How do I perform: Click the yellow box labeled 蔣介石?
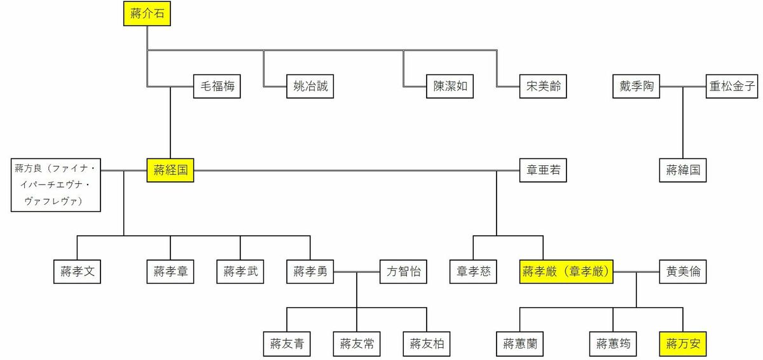147,13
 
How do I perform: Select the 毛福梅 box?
217,87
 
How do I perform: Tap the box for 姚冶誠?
310,87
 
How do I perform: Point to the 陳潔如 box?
450,87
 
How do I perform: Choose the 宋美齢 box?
543,87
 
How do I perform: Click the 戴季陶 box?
636,87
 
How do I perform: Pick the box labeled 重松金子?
732,87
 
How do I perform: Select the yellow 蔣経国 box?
170,170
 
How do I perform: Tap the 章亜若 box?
543,170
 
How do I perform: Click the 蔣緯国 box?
683,170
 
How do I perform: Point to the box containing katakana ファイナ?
56,185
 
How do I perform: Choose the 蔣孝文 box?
77,272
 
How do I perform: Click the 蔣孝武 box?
240,272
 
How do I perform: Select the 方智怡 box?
403,272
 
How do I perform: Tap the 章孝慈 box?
473,272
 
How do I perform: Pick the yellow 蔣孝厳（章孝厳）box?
566,272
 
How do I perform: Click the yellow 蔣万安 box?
683,344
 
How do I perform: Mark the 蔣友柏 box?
427,344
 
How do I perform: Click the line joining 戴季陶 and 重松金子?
683,87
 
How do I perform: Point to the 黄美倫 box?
683,272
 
